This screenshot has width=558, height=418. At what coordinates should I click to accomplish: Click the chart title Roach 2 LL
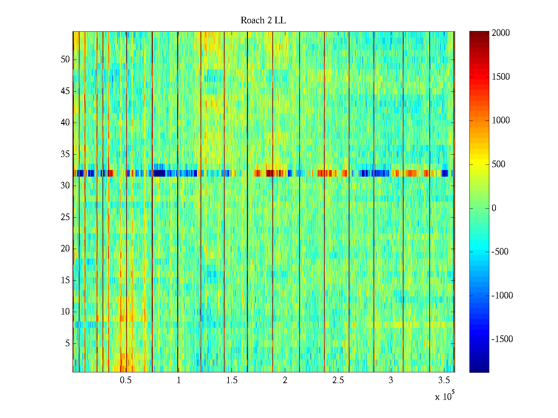(263, 21)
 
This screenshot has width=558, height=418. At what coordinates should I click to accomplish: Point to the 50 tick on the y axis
(65, 60)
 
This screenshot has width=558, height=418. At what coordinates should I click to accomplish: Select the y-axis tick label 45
(65, 91)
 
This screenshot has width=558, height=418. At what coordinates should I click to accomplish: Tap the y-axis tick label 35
(65, 154)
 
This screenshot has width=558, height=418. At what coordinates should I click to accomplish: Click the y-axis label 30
(65, 186)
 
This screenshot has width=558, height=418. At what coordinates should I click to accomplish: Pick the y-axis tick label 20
(65, 249)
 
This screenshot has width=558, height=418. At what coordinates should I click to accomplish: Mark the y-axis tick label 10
(65, 312)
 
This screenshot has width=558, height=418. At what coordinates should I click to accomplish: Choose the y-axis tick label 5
(67, 343)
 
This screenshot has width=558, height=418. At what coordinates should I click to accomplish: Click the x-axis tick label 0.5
(126, 380)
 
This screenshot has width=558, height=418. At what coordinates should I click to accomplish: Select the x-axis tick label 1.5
(232, 380)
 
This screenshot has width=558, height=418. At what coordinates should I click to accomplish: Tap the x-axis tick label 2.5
(338, 380)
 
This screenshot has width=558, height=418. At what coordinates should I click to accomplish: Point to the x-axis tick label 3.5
(444, 380)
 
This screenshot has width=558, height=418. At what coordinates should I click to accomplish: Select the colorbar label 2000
(500, 33)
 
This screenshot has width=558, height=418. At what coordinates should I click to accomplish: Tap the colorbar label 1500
(500, 77)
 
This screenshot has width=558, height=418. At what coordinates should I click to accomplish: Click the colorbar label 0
(494, 208)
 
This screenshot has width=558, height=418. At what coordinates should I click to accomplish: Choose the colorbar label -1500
(502, 339)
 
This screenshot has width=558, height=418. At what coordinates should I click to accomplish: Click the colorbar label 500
(498, 164)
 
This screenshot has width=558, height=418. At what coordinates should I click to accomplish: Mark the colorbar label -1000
(502, 296)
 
